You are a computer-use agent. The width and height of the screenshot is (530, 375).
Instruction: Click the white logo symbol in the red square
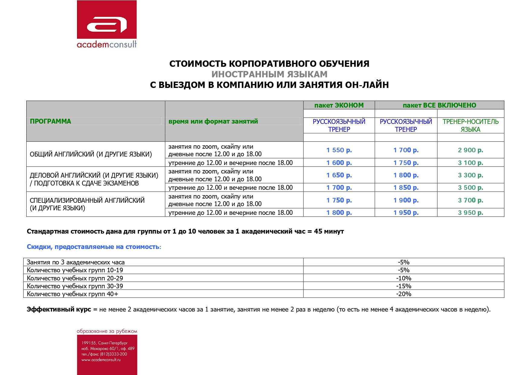107,25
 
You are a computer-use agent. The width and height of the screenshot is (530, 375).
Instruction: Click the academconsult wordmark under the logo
107,45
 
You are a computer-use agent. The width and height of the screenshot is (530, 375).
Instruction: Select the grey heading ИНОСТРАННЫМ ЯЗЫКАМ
269,74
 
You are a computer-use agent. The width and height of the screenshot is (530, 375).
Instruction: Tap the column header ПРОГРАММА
50,121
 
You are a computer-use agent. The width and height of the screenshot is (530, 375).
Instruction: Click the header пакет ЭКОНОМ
339,105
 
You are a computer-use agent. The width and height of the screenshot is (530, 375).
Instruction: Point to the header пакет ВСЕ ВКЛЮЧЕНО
439,105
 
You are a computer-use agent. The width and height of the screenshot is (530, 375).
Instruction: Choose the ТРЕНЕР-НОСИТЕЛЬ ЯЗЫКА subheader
470,125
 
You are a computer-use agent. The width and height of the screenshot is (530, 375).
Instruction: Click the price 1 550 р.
339,150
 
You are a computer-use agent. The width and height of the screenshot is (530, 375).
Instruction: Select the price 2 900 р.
470,150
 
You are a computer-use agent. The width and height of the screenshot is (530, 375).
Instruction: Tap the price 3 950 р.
470,212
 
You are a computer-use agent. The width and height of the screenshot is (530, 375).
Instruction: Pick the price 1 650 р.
339,175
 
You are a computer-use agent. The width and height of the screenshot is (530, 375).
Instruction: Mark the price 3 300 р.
470,175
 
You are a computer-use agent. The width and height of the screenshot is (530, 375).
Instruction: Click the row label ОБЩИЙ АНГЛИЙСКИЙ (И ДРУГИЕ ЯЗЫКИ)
91,154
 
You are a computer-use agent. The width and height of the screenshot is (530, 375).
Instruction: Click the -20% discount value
403,294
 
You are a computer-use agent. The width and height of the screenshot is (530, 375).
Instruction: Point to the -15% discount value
403,286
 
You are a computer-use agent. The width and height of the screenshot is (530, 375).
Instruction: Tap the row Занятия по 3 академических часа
75,262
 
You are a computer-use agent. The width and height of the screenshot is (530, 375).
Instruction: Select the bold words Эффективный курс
59,309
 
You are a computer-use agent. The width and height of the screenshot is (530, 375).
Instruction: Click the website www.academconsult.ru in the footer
101,360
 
